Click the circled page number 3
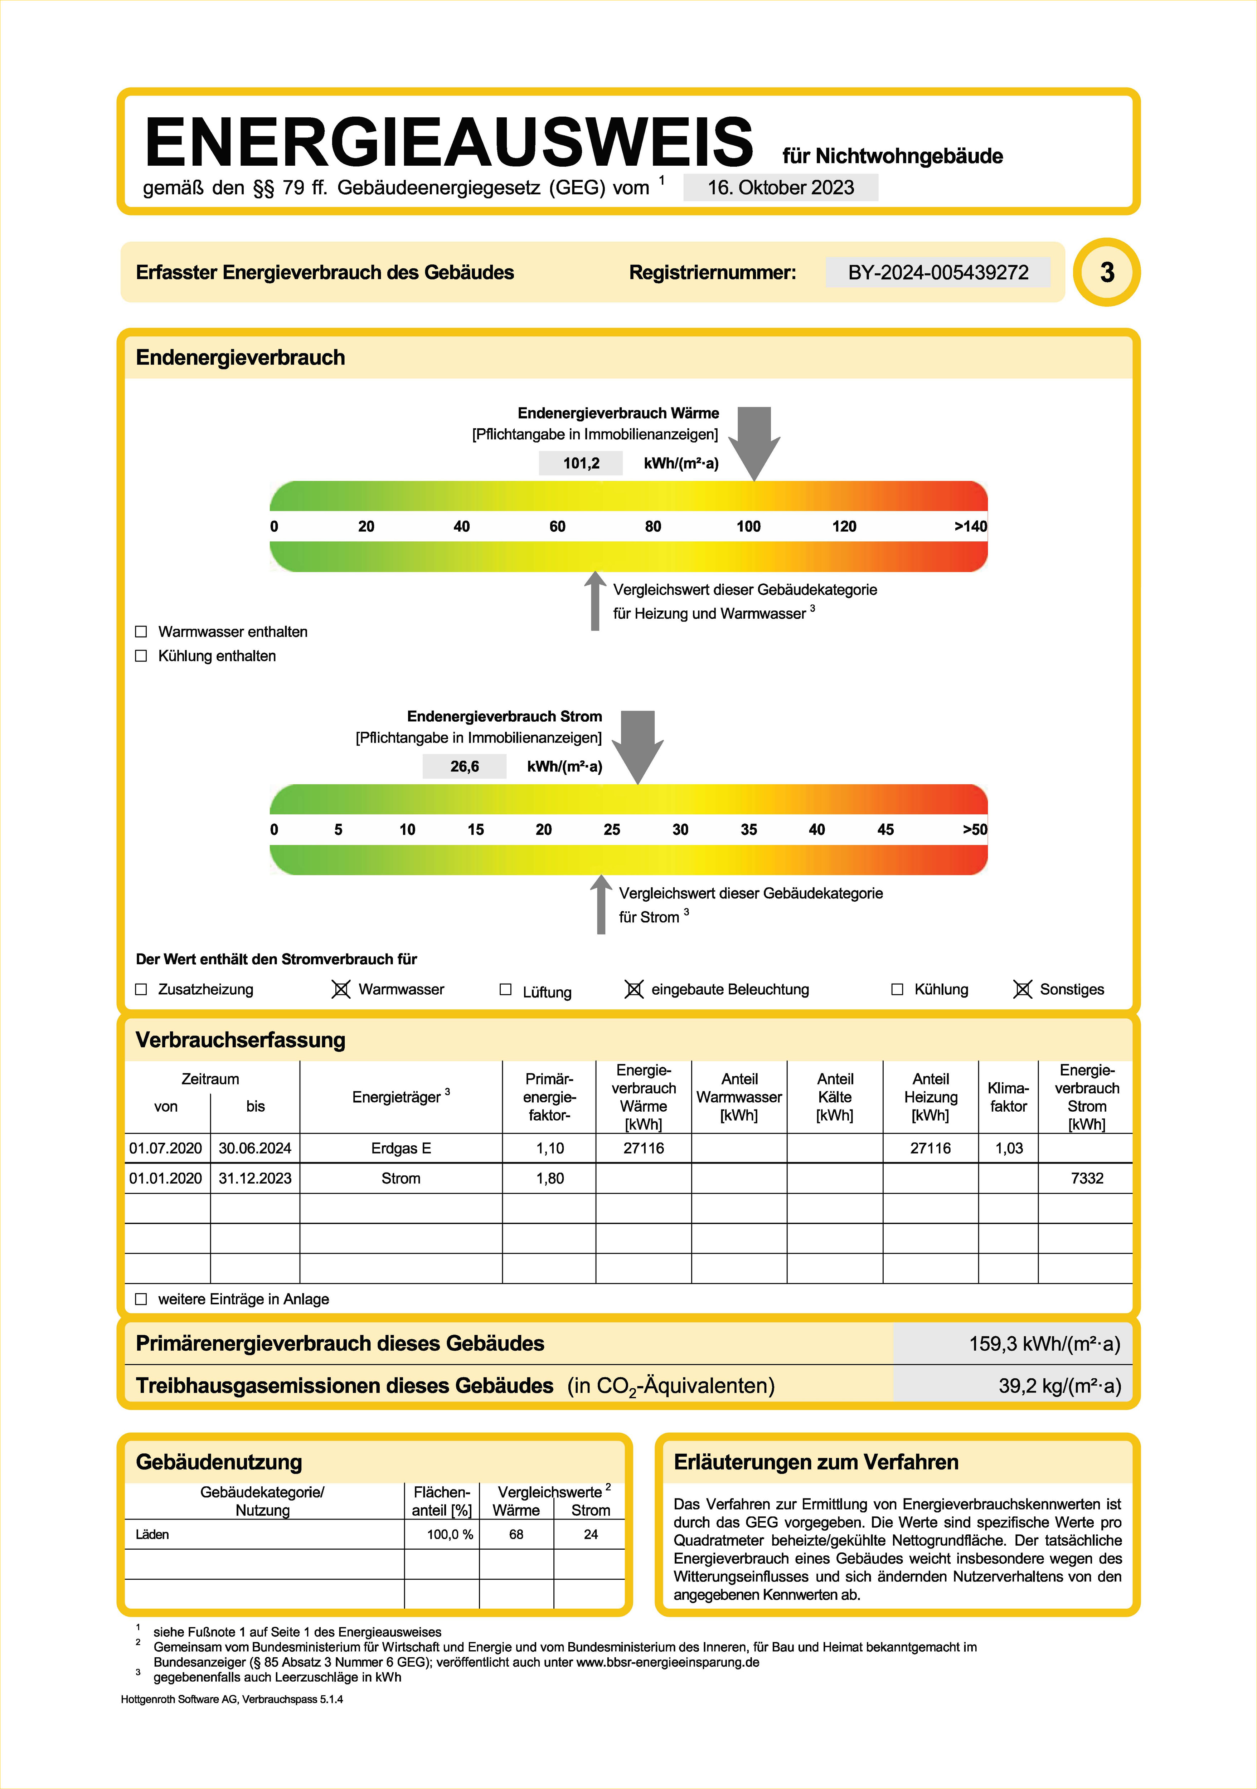(1107, 273)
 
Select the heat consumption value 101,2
(581, 464)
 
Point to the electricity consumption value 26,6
(465, 767)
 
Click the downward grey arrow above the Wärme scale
(754, 440)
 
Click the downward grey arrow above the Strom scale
(637, 744)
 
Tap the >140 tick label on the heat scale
(970, 527)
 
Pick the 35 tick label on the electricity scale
(748, 830)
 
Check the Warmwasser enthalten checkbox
(141, 632)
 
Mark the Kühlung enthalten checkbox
(141, 656)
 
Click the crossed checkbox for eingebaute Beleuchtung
(634, 990)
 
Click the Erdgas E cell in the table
(401, 1149)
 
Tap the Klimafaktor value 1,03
(1008, 1149)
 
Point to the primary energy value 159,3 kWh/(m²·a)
(1044, 1344)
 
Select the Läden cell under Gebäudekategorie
(153, 1534)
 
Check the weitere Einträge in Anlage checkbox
(141, 1299)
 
